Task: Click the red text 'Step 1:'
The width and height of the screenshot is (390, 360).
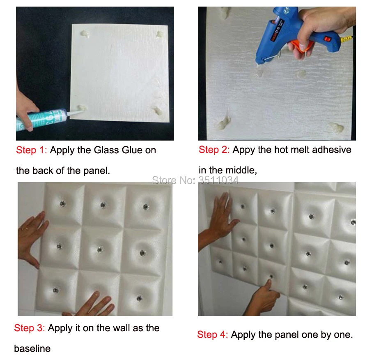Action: point(31,150)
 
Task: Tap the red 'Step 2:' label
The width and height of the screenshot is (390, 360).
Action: point(214,150)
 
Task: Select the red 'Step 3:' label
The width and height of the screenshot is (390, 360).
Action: point(29,328)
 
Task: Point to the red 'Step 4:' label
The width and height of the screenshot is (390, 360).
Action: point(212,335)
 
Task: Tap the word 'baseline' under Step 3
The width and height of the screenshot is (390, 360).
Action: point(32,348)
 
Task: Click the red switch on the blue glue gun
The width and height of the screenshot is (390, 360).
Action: point(328,39)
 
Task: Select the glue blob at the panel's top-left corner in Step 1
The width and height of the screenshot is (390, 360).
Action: point(85,34)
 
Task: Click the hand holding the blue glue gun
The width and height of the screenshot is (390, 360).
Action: point(321,30)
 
